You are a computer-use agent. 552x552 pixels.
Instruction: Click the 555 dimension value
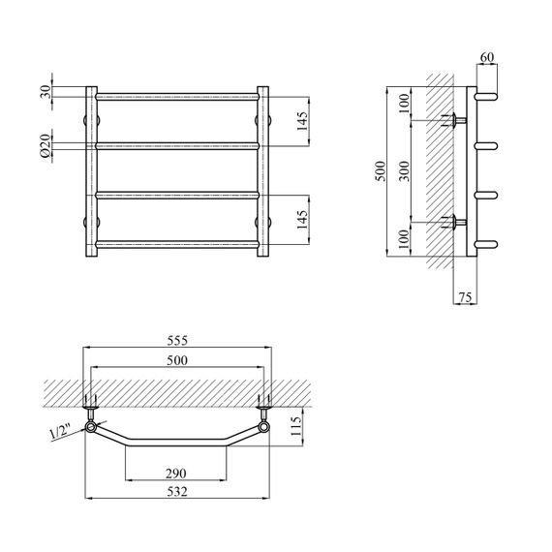click(177, 341)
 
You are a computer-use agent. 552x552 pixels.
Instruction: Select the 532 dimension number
click(177, 492)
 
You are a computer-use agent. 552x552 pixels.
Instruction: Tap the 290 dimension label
click(176, 474)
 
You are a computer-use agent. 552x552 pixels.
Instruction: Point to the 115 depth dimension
click(296, 426)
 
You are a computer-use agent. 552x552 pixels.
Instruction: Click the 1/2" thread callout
click(61, 432)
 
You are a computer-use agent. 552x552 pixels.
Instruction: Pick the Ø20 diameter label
click(46, 145)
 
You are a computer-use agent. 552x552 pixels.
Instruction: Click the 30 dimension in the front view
click(46, 92)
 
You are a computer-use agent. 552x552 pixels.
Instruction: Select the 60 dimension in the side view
click(487, 57)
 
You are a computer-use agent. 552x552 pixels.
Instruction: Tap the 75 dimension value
click(465, 297)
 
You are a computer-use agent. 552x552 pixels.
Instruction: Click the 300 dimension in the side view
click(405, 170)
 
